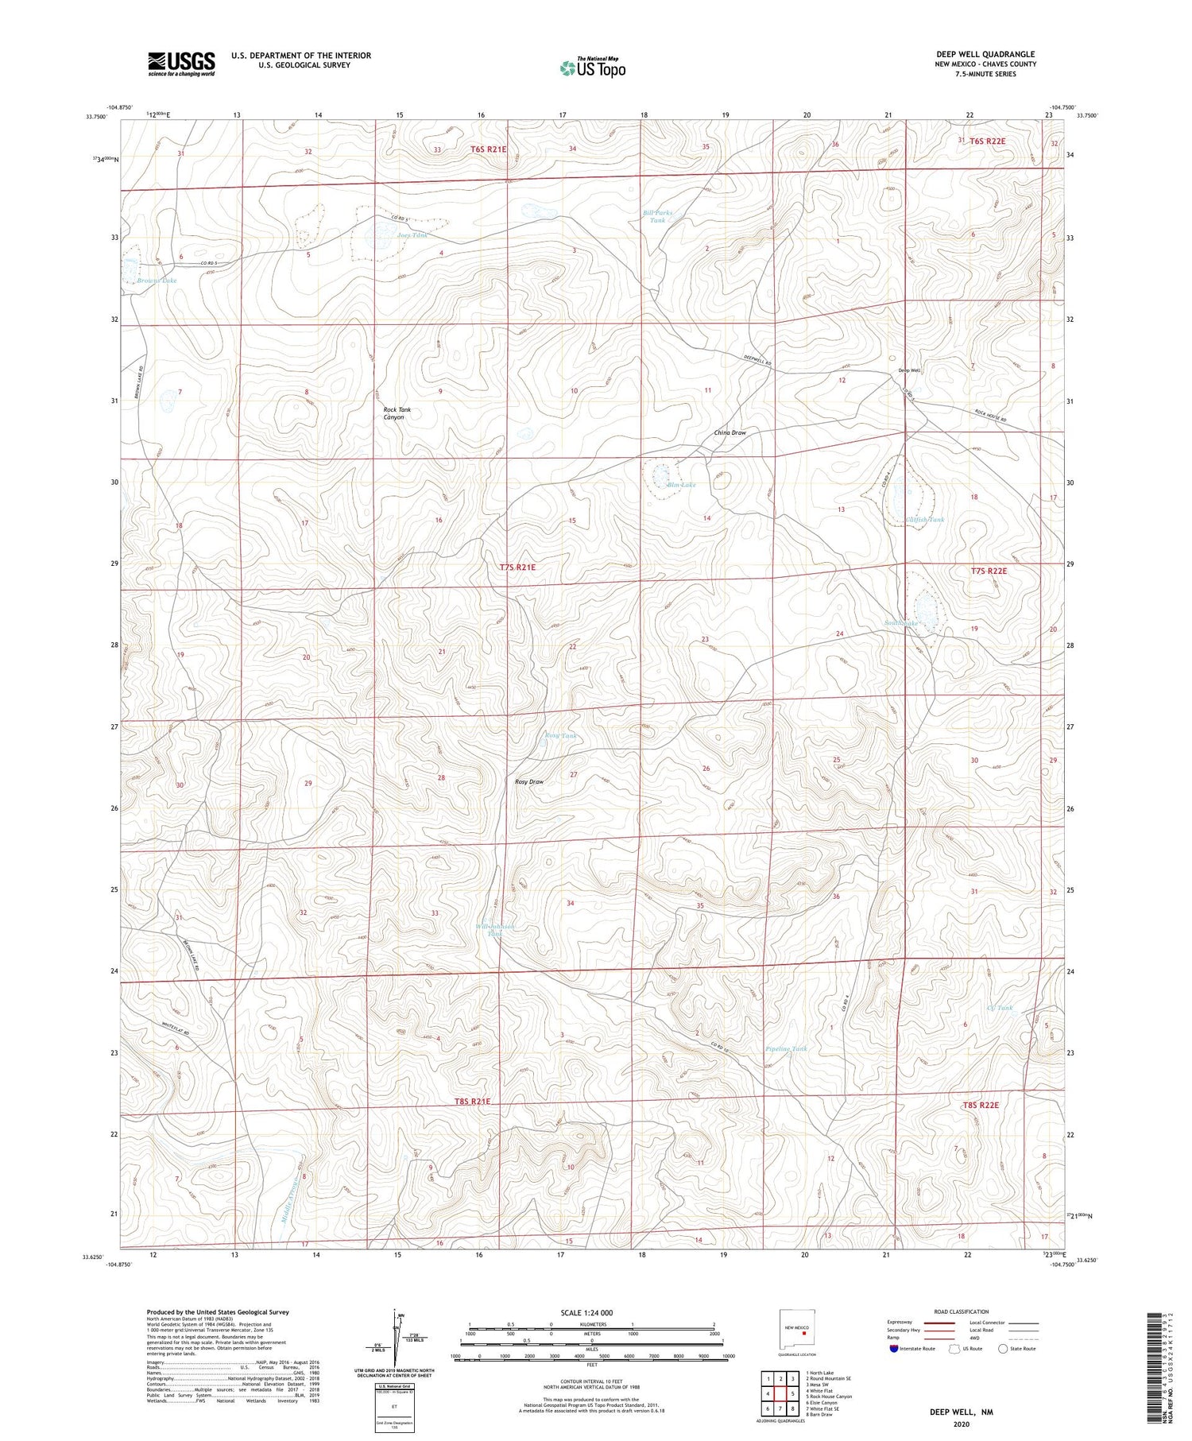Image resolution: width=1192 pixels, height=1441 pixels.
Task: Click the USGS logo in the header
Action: click(x=181, y=64)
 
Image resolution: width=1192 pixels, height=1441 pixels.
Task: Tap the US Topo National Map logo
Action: click(x=593, y=68)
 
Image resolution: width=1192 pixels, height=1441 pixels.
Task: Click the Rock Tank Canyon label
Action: click(x=394, y=413)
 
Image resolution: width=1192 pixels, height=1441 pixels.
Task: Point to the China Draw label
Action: click(x=730, y=432)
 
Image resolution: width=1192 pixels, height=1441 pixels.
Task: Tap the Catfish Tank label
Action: click(x=925, y=520)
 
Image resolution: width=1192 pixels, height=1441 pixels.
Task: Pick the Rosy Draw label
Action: click(x=529, y=781)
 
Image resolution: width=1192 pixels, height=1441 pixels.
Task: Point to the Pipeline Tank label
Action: click(x=786, y=1048)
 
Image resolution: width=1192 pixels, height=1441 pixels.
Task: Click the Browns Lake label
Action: click(x=156, y=281)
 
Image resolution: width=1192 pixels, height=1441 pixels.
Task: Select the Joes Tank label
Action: click(x=412, y=235)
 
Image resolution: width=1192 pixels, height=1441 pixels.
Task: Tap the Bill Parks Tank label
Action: click(x=657, y=216)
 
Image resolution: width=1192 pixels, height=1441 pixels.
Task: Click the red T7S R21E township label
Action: click(x=517, y=567)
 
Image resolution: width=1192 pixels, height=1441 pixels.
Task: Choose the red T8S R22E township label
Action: click(x=980, y=1105)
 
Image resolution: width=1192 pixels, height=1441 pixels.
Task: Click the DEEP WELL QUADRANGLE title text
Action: click(x=985, y=54)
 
